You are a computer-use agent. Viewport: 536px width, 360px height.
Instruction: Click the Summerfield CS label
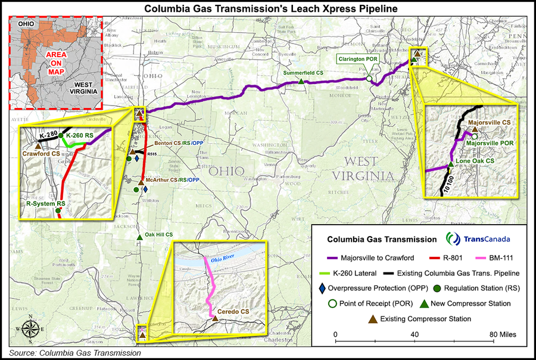pyautogui.click(x=303, y=73)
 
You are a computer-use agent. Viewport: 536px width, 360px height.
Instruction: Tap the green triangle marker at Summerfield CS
pyautogui.click(x=303, y=82)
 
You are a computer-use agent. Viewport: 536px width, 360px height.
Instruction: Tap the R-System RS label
pyautogui.click(x=45, y=203)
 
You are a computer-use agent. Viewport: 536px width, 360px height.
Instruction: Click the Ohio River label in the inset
pyautogui.click(x=220, y=260)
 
